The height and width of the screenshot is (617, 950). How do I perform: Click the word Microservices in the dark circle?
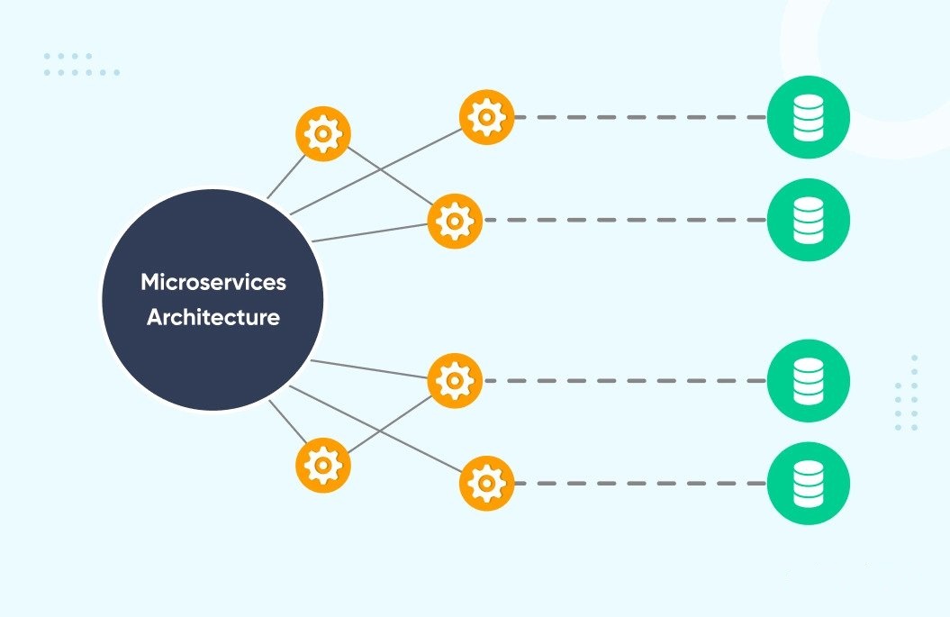[213, 282]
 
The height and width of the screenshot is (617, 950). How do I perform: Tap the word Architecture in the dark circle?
[213, 317]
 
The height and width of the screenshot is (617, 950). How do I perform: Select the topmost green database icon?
[809, 117]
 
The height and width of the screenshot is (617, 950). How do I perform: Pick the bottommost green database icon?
[809, 483]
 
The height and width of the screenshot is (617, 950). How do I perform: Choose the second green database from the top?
[809, 220]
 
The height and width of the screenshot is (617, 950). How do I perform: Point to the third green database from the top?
[809, 381]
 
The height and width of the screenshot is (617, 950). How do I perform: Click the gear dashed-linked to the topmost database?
[486, 117]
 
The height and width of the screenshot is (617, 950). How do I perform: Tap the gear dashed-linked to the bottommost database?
[486, 483]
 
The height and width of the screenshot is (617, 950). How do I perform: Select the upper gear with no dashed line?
[323, 133]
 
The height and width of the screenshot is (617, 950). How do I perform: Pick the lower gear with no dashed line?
[323, 465]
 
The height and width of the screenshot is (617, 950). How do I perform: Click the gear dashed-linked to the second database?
[455, 221]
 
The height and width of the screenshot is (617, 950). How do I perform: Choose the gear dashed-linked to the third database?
[455, 381]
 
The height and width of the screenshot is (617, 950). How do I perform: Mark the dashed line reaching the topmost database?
[640, 117]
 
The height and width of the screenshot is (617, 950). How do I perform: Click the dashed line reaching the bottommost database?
[640, 483]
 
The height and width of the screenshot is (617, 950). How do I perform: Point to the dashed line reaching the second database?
[625, 220]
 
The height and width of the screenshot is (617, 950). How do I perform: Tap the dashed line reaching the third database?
[625, 381]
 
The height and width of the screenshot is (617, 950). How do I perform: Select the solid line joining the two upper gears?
[390, 176]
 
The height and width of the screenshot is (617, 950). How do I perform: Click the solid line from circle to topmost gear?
[376, 171]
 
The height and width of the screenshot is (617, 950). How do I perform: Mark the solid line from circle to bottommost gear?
[376, 429]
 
